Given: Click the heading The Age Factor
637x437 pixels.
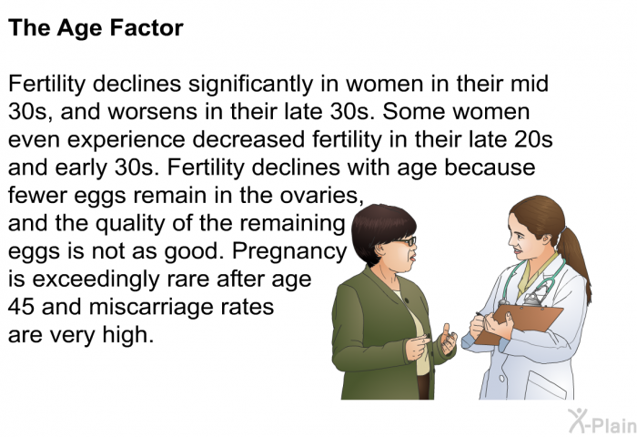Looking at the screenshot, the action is coord(96,29).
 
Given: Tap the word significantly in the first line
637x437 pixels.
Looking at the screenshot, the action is coord(250,85).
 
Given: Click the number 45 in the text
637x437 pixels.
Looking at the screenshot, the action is coord(21,307).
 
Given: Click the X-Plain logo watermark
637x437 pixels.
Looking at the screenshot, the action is coord(602,422).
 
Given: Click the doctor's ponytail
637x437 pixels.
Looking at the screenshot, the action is coord(574,260).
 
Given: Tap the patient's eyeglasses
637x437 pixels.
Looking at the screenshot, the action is coord(404,242).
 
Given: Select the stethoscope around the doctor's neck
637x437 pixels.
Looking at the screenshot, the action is coord(533,281).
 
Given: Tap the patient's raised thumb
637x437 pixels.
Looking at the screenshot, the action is coord(447,330).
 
